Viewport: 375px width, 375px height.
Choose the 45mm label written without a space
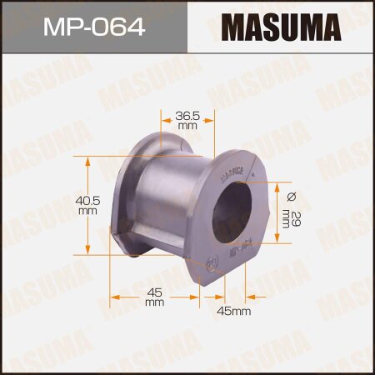[x=234, y=312]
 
